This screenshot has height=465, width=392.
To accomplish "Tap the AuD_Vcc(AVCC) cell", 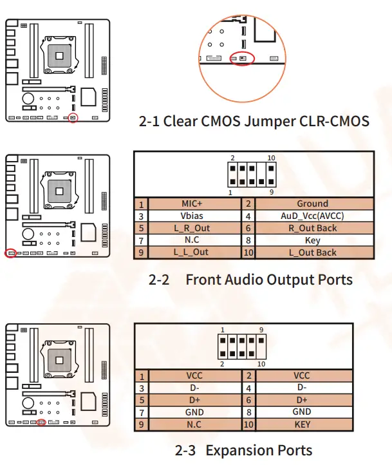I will coord(312,216).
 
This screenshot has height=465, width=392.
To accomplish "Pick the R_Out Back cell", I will coord(312,228).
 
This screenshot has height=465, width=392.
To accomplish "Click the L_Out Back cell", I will coord(312,252).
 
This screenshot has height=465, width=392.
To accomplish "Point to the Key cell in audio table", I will coord(312,240).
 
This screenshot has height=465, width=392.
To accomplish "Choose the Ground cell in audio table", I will coord(312,204).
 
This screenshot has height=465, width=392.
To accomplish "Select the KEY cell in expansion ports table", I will coord(302,424).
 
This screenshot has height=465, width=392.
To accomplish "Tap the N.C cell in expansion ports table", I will coord(194,424).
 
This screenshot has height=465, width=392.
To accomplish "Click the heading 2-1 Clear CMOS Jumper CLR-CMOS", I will coord(254,121).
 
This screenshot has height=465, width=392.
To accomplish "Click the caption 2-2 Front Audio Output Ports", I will coord(250,280).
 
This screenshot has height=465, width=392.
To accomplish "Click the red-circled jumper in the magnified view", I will coord(243,59).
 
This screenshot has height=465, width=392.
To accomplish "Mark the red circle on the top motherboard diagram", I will coord(73,119).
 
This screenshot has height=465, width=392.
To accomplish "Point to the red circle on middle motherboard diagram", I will coord(10,253).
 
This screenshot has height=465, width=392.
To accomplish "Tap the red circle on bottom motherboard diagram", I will coord(42,422).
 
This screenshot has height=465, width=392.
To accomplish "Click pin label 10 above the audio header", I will coord(271,158).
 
